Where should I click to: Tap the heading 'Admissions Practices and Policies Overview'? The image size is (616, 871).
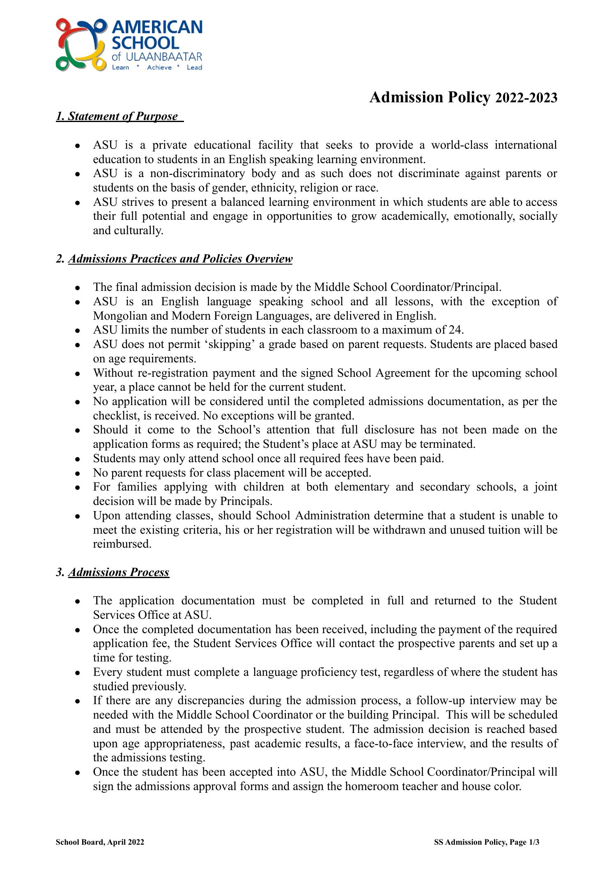click(x=180, y=259)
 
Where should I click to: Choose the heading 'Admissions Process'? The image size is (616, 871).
click(x=119, y=572)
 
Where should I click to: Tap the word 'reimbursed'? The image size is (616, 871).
click(x=122, y=544)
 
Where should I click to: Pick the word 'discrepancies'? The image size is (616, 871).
click(x=211, y=700)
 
